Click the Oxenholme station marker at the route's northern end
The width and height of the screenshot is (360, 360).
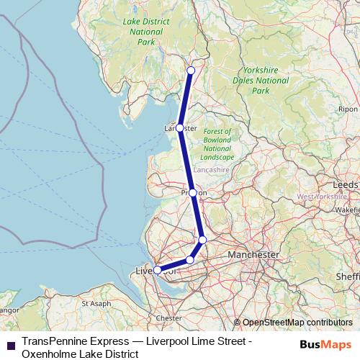[191, 71]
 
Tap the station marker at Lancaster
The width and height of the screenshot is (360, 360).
[180, 127]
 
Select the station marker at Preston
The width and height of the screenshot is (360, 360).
[193, 193]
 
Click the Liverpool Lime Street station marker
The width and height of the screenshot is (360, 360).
[158, 270]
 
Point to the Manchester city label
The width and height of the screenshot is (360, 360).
[253, 255]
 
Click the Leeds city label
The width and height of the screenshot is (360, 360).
[345, 184]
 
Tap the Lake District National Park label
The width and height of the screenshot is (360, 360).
[146, 32]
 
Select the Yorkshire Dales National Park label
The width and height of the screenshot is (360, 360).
[261, 81]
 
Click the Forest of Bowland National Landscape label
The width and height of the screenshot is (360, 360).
[217, 144]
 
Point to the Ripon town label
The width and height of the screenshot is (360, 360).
[347, 109]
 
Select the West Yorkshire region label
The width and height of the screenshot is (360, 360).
[322, 197]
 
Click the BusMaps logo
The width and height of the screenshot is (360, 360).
[327, 344]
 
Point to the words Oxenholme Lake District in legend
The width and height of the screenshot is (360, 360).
[80, 354]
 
